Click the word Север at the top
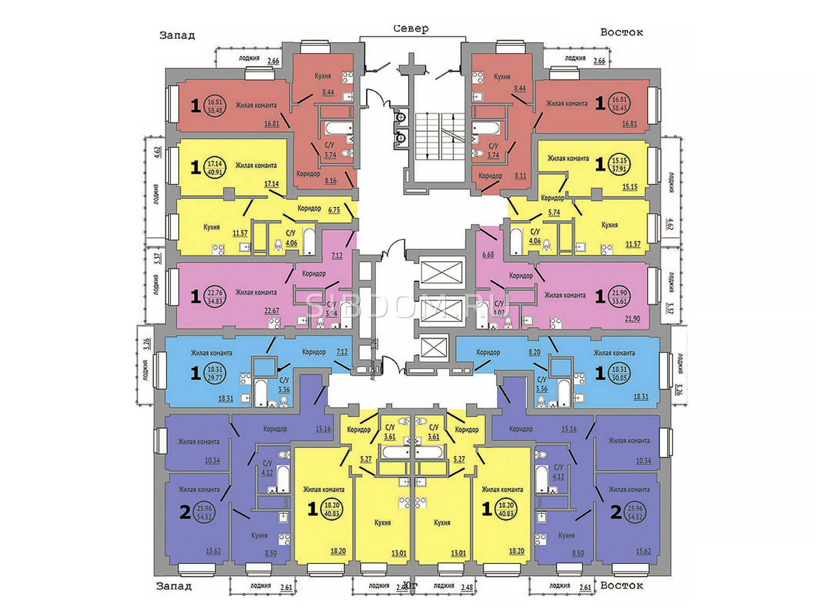[x=411, y=29]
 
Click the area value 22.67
[x=271, y=311]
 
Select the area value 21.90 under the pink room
[x=632, y=319]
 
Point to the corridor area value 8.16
[x=330, y=181]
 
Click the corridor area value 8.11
[x=520, y=176]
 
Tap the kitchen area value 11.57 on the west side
[x=240, y=234]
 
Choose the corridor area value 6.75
[x=334, y=210]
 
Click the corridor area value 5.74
[x=554, y=213]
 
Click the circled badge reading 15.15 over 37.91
[x=619, y=164]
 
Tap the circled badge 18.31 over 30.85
[x=619, y=374]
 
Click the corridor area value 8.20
[x=534, y=352]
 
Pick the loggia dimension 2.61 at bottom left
[x=286, y=588]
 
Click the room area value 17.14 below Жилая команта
[x=271, y=184]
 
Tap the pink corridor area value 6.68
[x=488, y=254]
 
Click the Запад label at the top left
[x=177, y=35]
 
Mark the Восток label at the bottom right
[x=621, y=585]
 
